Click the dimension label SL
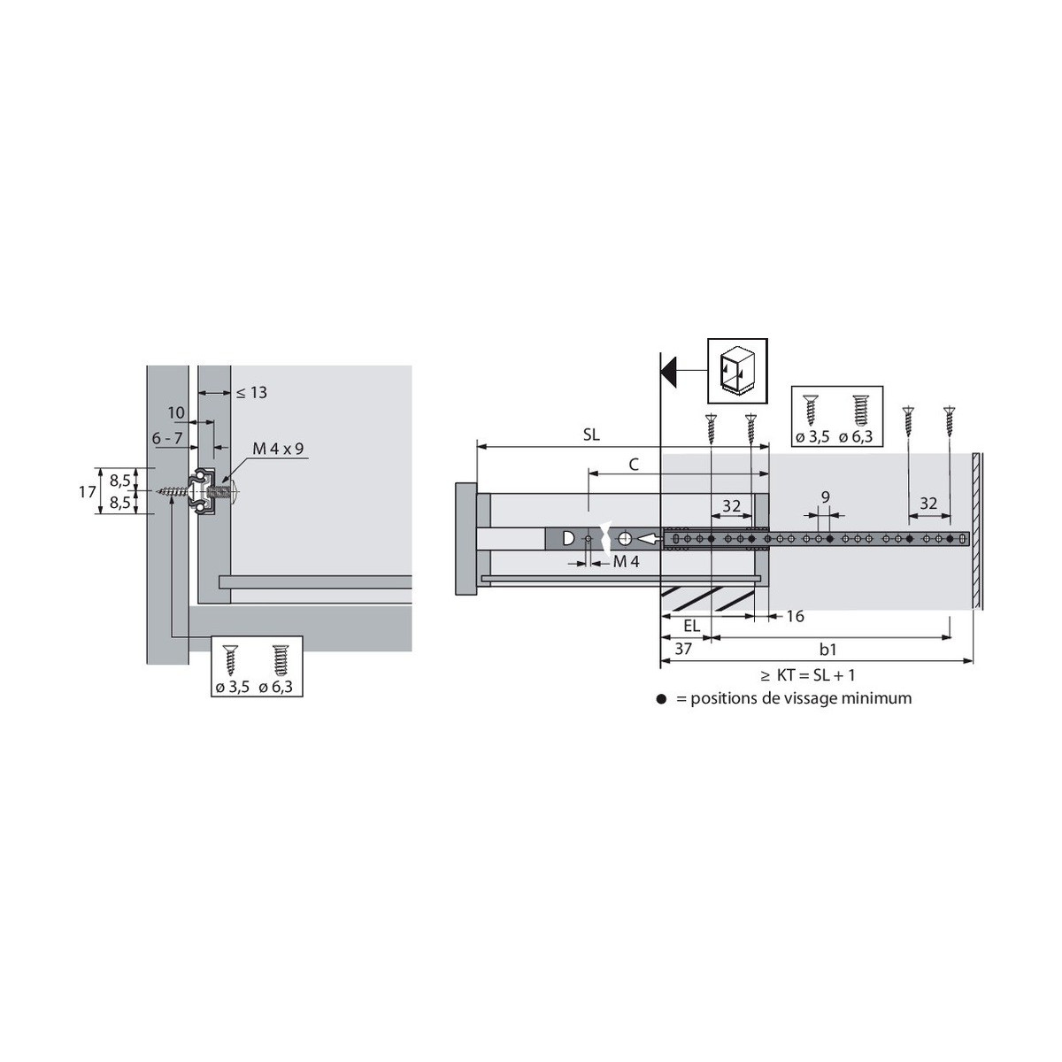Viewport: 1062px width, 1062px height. [x=591, y=435]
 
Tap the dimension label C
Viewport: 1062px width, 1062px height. [x=634, y=465]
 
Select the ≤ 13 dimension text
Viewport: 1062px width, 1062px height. [x=252, y=392]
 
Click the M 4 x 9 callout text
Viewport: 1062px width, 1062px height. [x=278, y=449]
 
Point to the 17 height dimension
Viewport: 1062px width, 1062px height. [x=87, y=491]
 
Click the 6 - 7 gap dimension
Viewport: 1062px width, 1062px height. [x=167, y=438]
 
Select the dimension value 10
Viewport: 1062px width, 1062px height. [x=176, y=412]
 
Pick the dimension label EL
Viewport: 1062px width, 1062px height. [x=692, y=626]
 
